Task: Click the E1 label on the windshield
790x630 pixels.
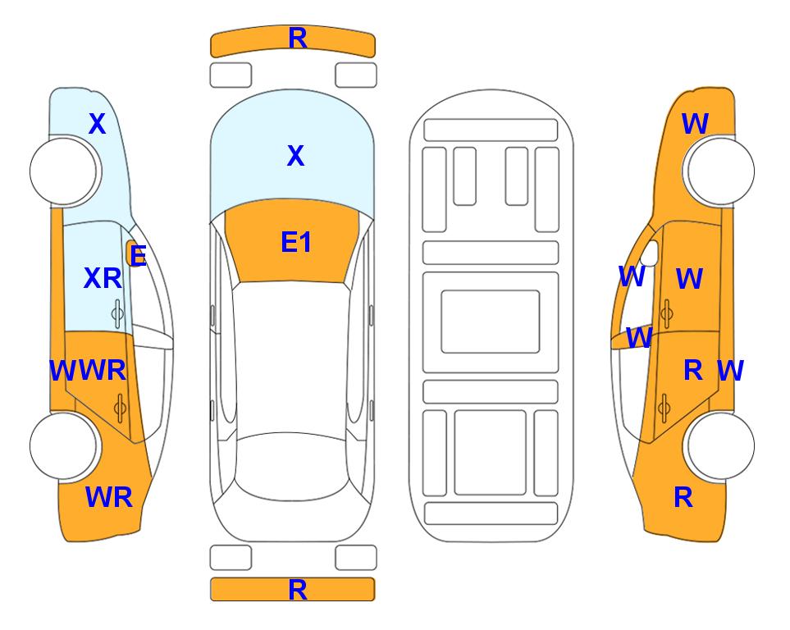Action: tap(296, 242)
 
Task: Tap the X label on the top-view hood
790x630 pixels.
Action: tap(296, 155)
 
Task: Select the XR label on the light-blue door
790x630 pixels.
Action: tap(103, 278)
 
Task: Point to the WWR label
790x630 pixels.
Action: tap(88, 371)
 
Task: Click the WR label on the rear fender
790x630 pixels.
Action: tap(109, 497)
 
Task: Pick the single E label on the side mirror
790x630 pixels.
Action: tap(138, 255)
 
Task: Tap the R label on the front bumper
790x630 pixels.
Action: tap(298, 38)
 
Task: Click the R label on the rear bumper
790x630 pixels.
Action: tap(298, 590)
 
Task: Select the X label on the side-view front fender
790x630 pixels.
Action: tap(98, 124)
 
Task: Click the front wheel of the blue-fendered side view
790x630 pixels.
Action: tap(63, 171)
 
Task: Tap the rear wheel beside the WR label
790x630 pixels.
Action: tap(63, 446)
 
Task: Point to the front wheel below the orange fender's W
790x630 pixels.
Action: tap(720, 171)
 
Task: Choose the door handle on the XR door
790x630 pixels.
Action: tap(117, 314)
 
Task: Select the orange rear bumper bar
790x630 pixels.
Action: tap(293, 590)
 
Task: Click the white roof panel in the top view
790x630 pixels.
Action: tap(291, 358)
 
